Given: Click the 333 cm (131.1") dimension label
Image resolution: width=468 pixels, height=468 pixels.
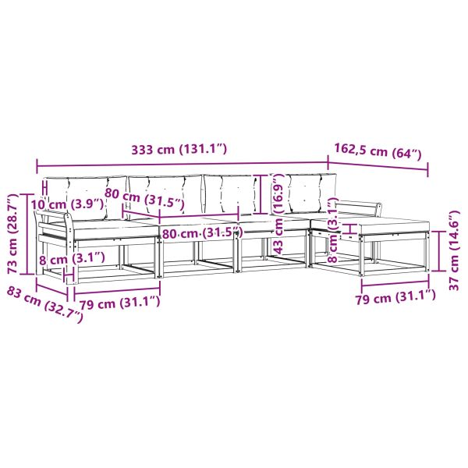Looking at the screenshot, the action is pyautogui.click(x=179, y=149).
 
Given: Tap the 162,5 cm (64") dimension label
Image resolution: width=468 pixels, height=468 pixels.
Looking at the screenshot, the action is pyautogui.click(x=378, y=151).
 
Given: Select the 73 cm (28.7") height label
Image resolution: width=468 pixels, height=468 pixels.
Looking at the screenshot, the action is pyautogui.click(x=14, y=234).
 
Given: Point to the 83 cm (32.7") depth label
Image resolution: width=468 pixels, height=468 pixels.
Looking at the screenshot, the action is pyautogui.click(x=44, y=304).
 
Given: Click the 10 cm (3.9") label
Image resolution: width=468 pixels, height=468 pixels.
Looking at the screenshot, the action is pyautogui.click(x=67, y=204).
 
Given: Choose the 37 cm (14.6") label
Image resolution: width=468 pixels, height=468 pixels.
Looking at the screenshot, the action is pyautogui.click(x=454, y=250).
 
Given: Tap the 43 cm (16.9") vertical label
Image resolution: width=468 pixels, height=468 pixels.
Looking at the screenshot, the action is pyautogui.click(x=278, y=214).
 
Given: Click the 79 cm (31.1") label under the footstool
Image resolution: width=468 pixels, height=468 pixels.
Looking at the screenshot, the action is pyautogui.click(x=395, y=297).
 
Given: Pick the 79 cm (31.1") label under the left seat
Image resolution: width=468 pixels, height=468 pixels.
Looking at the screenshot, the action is pyautogui.click(x=119, y=303).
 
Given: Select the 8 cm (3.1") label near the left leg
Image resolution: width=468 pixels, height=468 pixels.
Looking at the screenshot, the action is pyautogui.click(x=72, y=259).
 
